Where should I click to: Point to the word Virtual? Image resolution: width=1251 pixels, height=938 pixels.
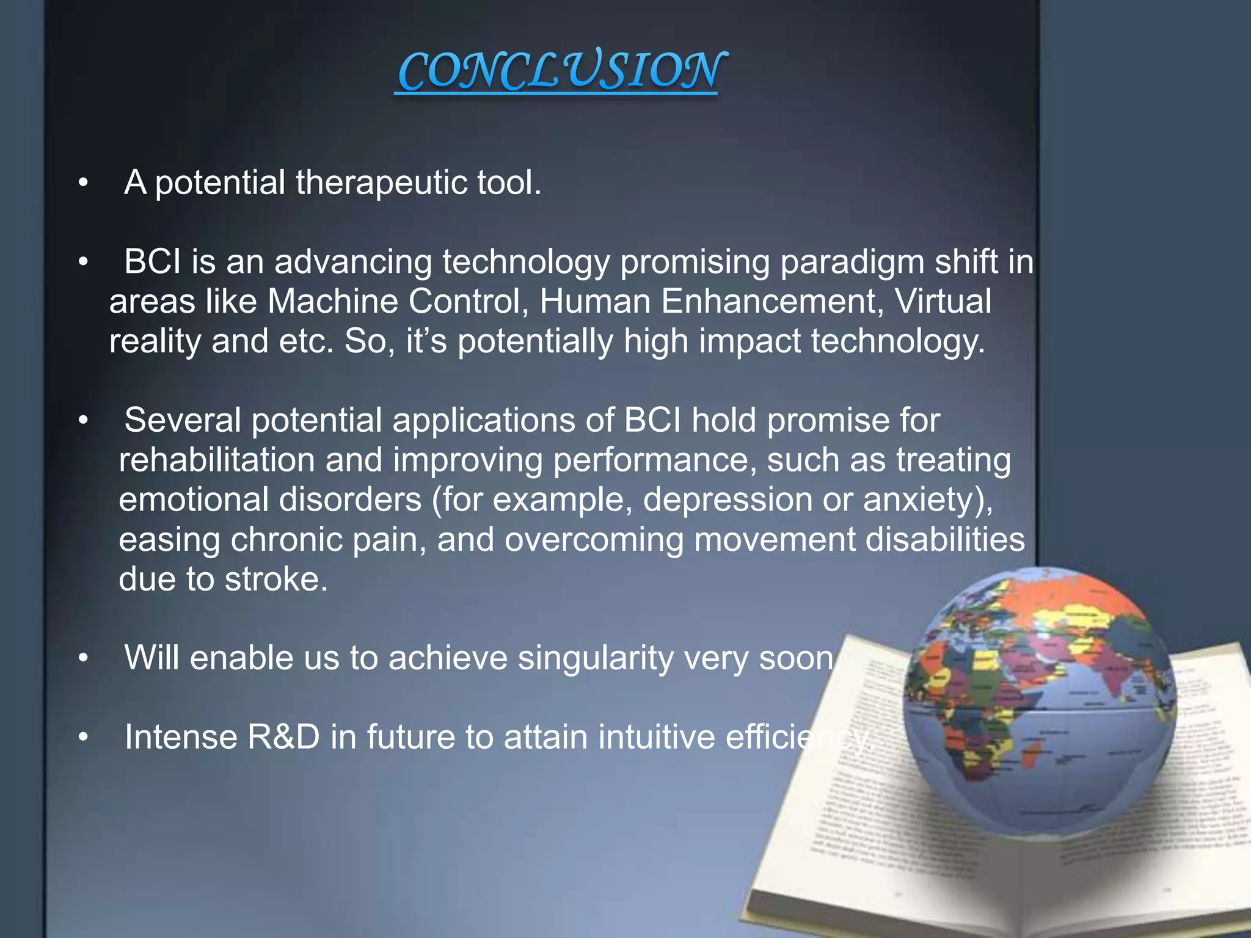click(943, 302)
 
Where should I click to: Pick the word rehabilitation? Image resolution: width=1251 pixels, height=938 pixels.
click(216, 460)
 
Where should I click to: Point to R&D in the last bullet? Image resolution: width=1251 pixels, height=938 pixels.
click(283, 737)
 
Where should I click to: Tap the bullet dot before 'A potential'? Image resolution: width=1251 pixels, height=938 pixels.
click(84, 183)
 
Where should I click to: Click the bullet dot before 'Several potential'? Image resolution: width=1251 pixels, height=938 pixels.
click(84, 421)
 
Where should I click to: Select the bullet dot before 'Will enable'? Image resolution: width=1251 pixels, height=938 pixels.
click(84, 658)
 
